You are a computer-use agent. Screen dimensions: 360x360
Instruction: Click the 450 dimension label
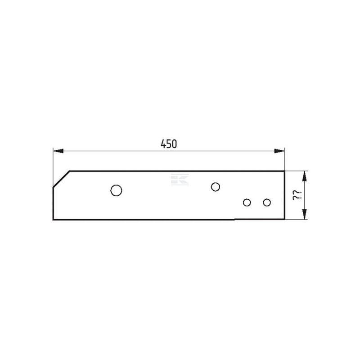pos(169,144)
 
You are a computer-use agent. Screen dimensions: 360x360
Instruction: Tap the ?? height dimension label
pos(297,195)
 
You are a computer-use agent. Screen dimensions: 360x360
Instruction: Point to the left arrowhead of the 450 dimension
pos(58,151)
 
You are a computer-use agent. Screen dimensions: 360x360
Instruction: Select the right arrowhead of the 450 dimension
pos(279,151)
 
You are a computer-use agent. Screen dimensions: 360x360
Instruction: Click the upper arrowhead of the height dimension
pos(305,176)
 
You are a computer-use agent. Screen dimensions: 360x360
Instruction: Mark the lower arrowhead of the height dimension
pos(305,214)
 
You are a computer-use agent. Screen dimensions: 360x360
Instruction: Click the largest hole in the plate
pos(116,190)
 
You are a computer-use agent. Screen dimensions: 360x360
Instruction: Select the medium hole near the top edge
pos(216,187)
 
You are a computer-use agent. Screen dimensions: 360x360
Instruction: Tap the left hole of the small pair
pos(247,202)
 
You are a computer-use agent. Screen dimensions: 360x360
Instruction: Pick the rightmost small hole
pos(267,202)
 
